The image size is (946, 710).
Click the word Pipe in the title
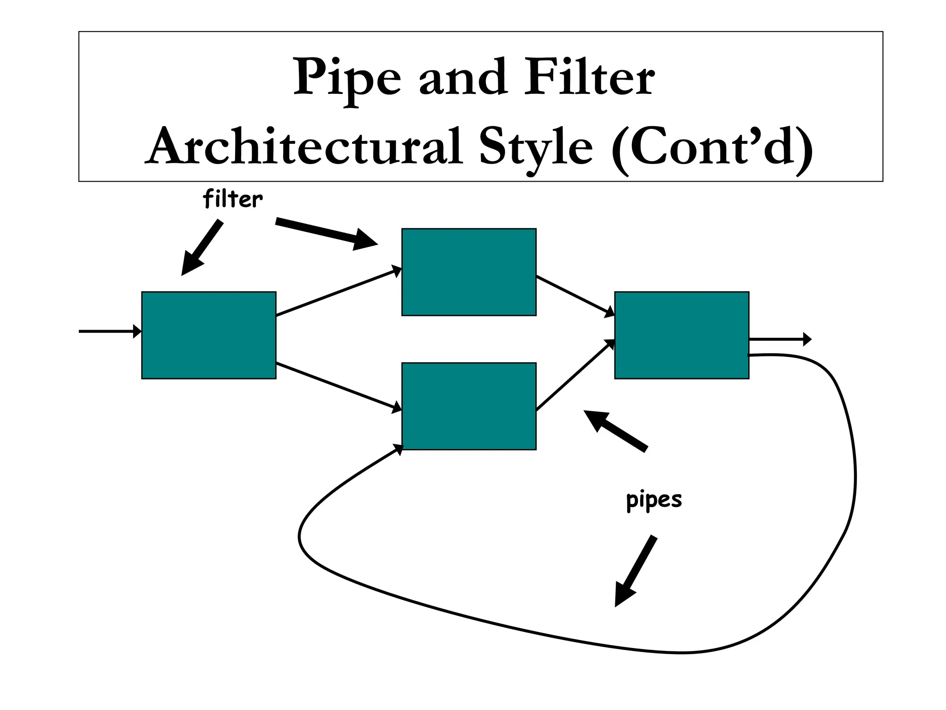[347, 78]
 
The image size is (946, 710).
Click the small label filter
[233, 200]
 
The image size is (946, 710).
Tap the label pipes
[654, 500]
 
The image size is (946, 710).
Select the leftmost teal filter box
[209, 335]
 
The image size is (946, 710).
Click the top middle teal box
[469, 272]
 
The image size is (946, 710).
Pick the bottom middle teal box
[469, 406]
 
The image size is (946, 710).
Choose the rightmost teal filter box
[681, 335]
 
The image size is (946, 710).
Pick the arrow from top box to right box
[575, 296]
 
